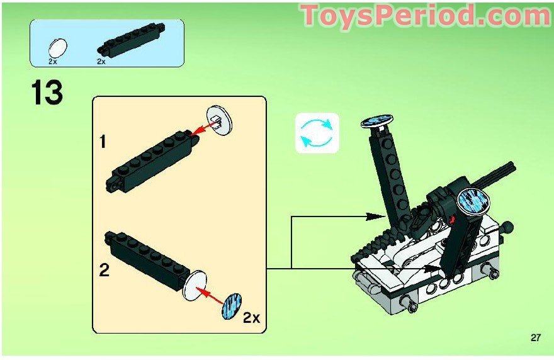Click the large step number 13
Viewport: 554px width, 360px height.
point(47,93)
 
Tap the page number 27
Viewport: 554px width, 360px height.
point(535,337)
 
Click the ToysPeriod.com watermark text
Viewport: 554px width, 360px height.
point(425,16)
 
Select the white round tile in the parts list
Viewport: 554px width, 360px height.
point(57,48)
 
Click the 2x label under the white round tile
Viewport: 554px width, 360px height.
point(53,62)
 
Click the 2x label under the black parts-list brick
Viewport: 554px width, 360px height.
point(101,62)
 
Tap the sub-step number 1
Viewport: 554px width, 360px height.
point(103,142)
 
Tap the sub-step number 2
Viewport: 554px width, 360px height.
point(104,270)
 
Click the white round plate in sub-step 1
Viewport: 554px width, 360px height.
point(220,120)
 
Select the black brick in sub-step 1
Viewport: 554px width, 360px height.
point(152,160)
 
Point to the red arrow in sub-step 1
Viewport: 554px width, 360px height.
point(204,128)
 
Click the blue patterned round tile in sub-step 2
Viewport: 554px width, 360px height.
point(232,306)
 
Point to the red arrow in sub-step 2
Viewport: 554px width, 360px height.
point(211,296)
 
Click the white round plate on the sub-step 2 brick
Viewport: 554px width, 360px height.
point(195,286)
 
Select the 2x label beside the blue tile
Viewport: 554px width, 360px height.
point(251,318)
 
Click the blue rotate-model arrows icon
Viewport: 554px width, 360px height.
point(317,133)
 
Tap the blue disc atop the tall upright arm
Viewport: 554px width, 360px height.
point(377,120)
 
